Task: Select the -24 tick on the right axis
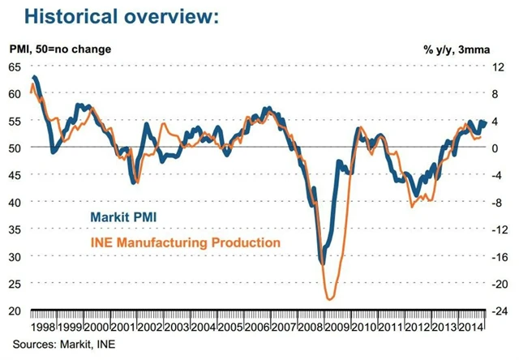[x=502, y=311]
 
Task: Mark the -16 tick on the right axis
[x=502, y=256]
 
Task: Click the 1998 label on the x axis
[x=44, y=327]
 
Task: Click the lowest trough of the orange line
[x=330, y=299]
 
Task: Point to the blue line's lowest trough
[x=322, y=263]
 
